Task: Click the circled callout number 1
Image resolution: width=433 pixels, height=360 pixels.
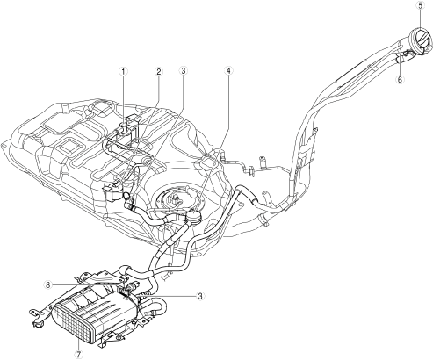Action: coord(123,71)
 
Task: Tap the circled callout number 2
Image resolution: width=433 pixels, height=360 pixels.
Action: coord(158,71)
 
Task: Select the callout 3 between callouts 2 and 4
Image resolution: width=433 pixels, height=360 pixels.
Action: coord(183,71)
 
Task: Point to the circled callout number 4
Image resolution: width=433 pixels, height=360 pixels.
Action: coord(228,71)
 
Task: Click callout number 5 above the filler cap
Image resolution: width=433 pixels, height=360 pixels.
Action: coord(421,5)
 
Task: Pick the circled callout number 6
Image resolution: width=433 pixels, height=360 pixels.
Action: coord(401,79)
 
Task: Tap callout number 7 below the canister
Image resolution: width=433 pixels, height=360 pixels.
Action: coord(78,354)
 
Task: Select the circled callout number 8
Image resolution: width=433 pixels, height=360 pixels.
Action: coord(48,284)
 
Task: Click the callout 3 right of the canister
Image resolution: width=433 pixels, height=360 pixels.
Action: coord(200,296)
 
